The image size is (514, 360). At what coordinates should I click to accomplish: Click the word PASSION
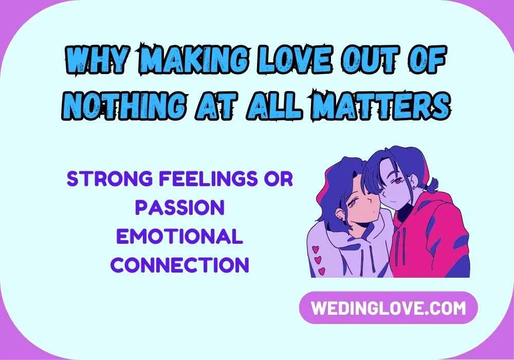[179, 208]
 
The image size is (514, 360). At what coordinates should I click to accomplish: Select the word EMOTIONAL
[179, 237]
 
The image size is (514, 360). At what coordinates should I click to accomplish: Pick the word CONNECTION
[180, 265]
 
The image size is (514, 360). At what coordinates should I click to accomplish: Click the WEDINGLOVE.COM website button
[388, 308]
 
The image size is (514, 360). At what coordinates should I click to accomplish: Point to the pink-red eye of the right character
[397, 181]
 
